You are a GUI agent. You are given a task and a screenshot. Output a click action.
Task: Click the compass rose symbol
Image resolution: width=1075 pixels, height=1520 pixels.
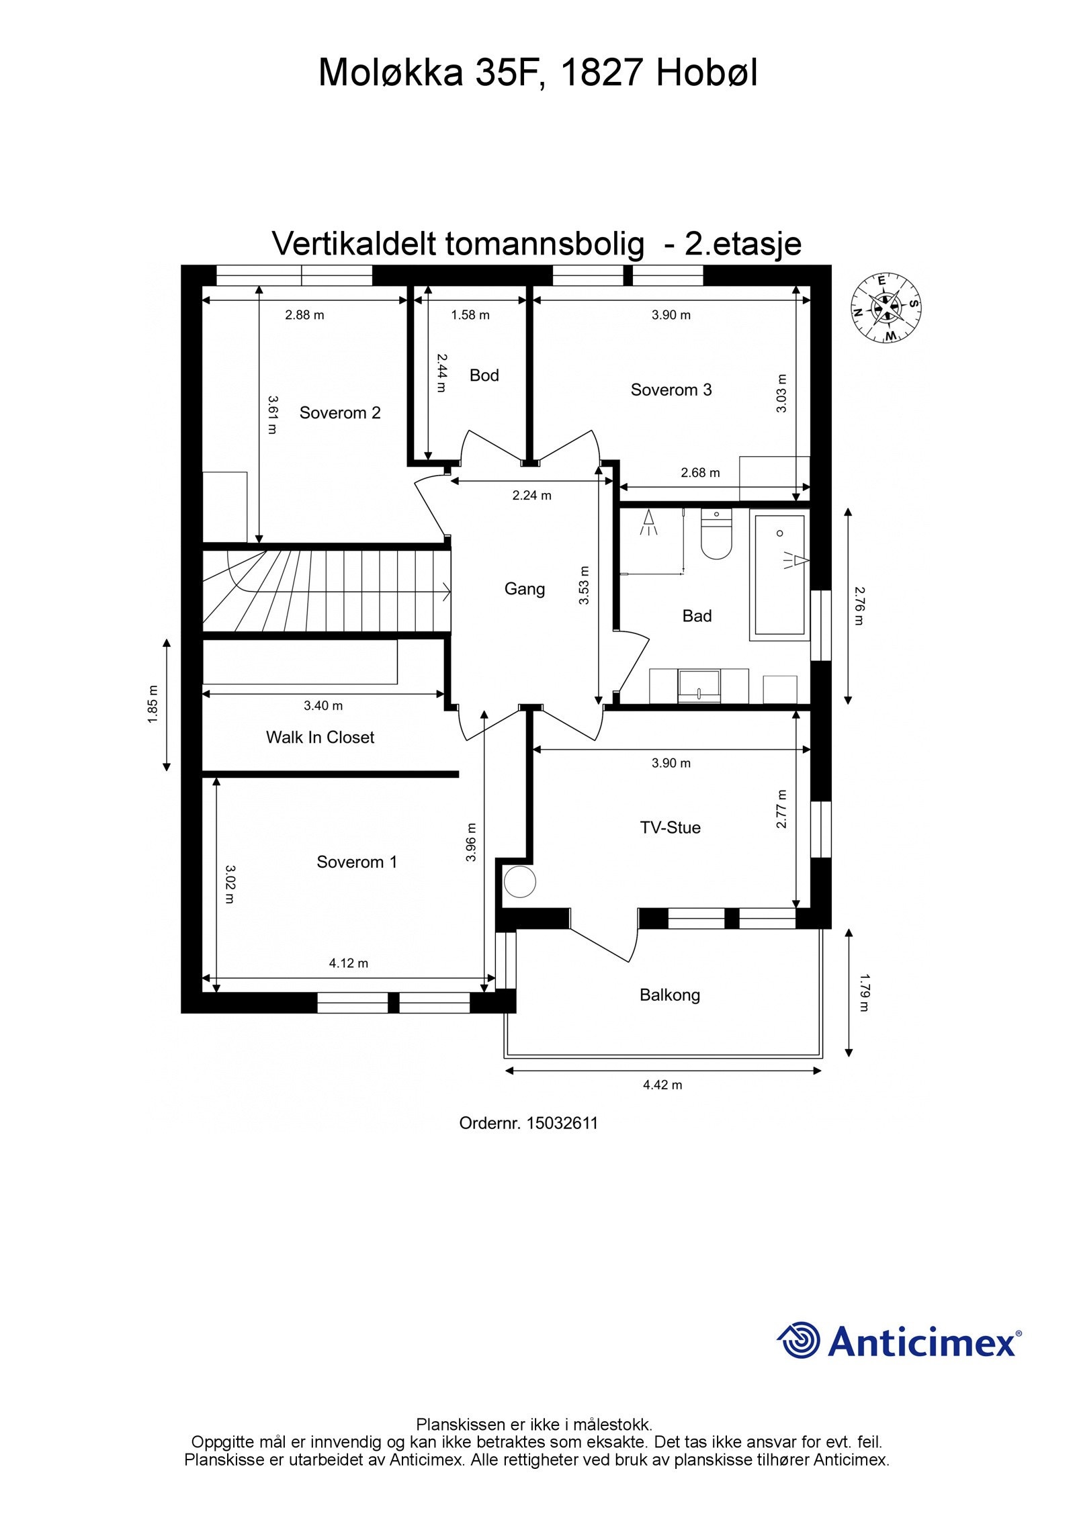pos(886,308)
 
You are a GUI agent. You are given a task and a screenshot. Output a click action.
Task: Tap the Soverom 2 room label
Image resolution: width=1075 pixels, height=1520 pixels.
pos(340,412)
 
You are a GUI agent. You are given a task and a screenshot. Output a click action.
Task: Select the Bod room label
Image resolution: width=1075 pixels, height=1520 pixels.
pos(484,375)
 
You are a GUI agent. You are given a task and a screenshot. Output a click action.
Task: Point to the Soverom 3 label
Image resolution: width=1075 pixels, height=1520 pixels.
pos(671,390)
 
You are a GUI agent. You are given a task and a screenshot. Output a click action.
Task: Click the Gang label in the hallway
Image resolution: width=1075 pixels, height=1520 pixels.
pos(524,589)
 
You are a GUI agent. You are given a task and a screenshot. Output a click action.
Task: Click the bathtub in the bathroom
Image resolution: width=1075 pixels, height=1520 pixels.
pos(779,574)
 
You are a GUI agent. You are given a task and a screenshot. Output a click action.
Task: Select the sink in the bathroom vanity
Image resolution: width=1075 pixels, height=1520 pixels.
pos(699,685)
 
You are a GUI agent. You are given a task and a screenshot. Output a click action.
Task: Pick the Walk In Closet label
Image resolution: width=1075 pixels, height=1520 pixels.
pos(320,737)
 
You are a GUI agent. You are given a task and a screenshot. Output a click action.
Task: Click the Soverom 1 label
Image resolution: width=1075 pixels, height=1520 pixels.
pos(357,862)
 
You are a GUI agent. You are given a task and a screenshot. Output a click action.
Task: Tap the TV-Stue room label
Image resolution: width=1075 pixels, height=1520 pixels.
pos(670,828)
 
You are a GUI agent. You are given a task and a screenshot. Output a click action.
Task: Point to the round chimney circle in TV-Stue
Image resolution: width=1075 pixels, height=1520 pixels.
pos(520,881)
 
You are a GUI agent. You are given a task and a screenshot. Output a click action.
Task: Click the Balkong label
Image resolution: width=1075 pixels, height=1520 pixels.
pos(669,995)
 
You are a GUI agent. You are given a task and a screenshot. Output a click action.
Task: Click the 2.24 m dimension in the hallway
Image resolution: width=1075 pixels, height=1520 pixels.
pos(531,495)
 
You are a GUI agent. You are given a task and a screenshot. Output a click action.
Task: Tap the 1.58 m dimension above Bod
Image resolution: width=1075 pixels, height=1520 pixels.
pos(470,314)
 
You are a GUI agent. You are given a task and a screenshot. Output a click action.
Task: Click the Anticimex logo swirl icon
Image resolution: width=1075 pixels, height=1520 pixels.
pos(798,1339)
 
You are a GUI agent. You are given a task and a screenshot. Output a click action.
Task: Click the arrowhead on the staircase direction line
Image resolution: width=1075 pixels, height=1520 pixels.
pos(446,592)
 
